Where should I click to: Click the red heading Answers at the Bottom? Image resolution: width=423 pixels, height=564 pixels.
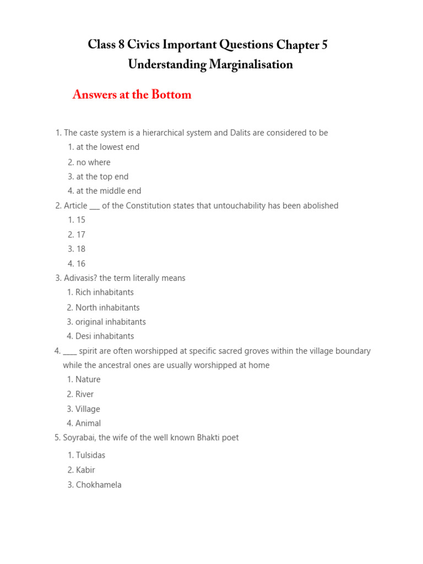132,95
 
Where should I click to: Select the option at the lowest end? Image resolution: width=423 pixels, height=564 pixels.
107,147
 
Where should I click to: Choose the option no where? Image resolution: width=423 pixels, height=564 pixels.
93,162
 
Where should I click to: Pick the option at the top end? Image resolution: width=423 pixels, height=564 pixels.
102,177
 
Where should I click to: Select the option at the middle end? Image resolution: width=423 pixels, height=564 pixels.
109,191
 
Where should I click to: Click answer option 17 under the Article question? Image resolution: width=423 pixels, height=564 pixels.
81,235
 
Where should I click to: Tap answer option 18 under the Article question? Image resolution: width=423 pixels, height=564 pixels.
81,249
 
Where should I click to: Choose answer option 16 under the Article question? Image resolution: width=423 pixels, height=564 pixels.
81,264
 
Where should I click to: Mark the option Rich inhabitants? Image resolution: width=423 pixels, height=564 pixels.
104,292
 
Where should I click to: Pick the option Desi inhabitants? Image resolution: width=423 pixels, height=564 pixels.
105,336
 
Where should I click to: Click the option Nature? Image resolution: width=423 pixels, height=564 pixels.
88,379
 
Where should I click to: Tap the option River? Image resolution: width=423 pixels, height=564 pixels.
84,394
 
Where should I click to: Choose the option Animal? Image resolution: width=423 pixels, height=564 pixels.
88,424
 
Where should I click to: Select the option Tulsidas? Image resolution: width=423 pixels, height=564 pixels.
90,455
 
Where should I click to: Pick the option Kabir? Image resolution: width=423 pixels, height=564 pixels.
85,470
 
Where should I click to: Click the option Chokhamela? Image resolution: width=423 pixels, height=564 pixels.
98,485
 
